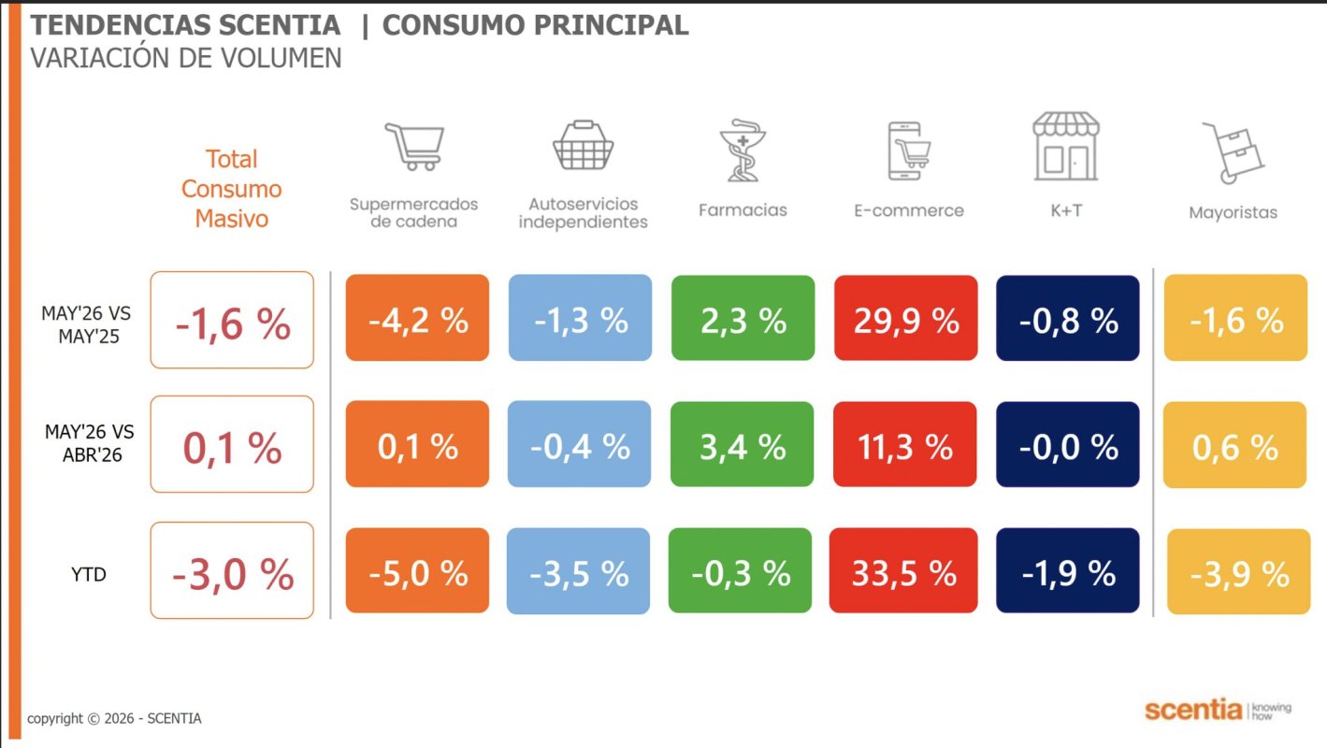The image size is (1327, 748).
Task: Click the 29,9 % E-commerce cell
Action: (x=906, y=318)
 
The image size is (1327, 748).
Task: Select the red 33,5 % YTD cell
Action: (x=903, y=570)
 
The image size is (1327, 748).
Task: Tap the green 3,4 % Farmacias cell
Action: (x=743, y=444)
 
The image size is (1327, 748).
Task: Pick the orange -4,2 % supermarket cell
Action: (x=418, y=318)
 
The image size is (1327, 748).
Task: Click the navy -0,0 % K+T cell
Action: (x=1068, y=444)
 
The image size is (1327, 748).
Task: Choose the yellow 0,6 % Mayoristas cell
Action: (x=1235, y=445)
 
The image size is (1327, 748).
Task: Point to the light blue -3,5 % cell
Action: (x=578, y=571)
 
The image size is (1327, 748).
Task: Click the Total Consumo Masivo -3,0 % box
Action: (x=232, y=570)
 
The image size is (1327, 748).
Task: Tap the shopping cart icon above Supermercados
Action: (x=414, y=147)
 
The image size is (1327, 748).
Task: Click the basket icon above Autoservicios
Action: (x=584, y=146)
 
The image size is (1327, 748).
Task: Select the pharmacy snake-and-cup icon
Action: (x=743, y=150)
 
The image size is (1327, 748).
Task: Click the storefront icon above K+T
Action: (x=1066, y=146)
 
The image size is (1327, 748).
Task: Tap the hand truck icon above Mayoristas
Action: (x=1233, y=152)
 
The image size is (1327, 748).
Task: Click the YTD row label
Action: (x=89, y=574)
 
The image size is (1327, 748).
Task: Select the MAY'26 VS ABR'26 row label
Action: (x=90, y=443)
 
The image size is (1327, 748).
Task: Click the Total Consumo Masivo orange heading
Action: (x=232, y=189)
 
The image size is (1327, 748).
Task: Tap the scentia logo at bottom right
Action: (x=1218, y=710)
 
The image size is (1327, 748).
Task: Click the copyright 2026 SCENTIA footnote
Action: (x=114, y=718)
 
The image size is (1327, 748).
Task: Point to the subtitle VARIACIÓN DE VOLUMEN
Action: (x=186, y=58)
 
